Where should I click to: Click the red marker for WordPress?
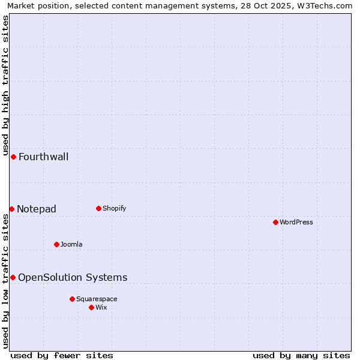point(275,222)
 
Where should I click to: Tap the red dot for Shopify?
point(98,208)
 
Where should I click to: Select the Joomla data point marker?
point(56,244)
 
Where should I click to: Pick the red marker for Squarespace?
point(72,299)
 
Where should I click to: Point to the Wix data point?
point(91,307)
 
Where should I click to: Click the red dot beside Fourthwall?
point(13,157)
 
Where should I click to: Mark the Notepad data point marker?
point(11,209)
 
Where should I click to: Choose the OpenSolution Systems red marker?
point(13,277)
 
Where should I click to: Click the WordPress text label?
point(296,223)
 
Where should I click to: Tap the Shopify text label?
point(115,209)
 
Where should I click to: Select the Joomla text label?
point(71,245)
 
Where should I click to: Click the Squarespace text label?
point(97,299)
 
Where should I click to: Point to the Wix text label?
point(101,308)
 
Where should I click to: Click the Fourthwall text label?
point(44,157)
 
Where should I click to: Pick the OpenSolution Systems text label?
point(73,278)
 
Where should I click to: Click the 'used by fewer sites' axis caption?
point(62,356)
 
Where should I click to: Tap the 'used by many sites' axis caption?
point(301,356)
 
